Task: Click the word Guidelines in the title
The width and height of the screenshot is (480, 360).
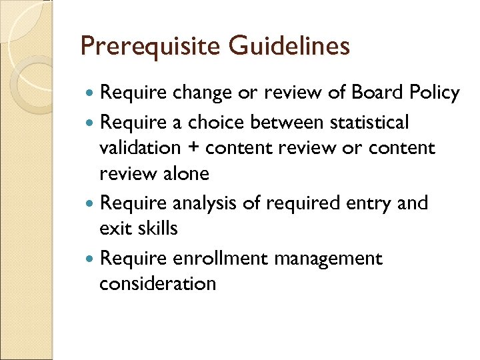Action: (289, 46)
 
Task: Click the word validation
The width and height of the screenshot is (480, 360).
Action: (140, 147)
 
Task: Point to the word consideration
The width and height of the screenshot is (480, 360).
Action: (157, 283)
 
